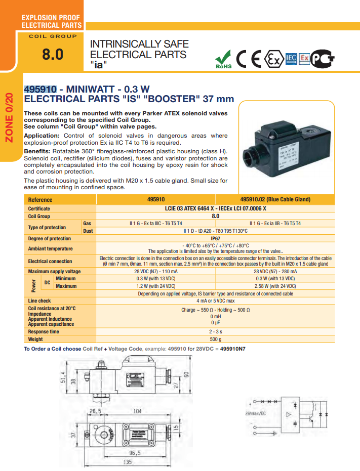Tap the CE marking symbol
(x=249, y=60)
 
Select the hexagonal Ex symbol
(x=274, y=60)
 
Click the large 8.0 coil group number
(x=53, y=54)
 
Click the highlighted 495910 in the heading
(x=41, y=89)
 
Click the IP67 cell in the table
(x=215, y=238)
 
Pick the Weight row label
(x=35, y=339)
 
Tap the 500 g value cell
(x=215, y=339)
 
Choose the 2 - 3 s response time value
(x=215, y=332)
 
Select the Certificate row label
(x=39, y=208)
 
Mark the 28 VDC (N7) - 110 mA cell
(x=155, y=272)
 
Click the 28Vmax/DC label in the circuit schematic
(x=256, y=414)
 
